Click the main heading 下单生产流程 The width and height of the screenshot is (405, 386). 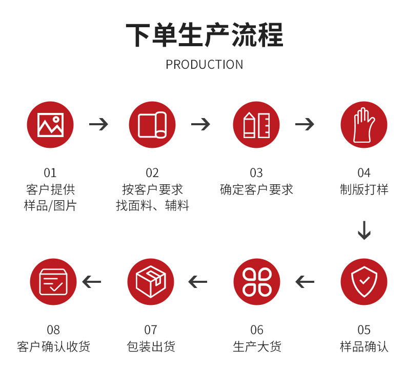pyautogui.click(x=204, y=35)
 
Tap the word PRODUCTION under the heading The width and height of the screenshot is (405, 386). pyautogui.click(x=204, y=65)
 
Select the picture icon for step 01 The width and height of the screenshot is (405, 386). pyautogui.click(x=50, y=125)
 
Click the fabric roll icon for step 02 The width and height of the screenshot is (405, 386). pyautogui.click(x=152, y=125)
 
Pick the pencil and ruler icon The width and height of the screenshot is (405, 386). pyautogui.click(x=256, y=125)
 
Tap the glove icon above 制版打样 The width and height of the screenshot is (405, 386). pyautogui.click(x=363, y=125)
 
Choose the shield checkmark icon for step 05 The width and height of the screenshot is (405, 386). pyautogui.click(x=363, y=282)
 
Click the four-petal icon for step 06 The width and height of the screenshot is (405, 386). pyautogui.click(x=256, y=282)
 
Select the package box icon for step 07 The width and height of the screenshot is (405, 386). pyautogui.click(x=151, y=282)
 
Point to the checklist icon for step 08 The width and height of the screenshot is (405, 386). pyautogui.click(x=53, y=282)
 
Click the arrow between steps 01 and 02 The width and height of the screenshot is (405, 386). pyautogui.click(x=98, y=124)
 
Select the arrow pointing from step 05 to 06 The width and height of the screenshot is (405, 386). pyautogui.click(x=305, y=282)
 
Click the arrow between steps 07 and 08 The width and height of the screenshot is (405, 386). pyautogui.click(x=92, y=282)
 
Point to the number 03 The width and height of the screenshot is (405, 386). pyautogui.click(x=256, y=173)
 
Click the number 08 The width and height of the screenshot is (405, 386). pyautogui.click(x=53, y=330)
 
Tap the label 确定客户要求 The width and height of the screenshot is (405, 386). pyautogui.click(x=256, y=190)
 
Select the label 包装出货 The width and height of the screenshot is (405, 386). pyautogui.click(x=151, y=346)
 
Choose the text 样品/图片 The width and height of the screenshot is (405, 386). pyautogui.click(x=50, y=206)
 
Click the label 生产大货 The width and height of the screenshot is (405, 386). pyautogui.click(x=257, y=346)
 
